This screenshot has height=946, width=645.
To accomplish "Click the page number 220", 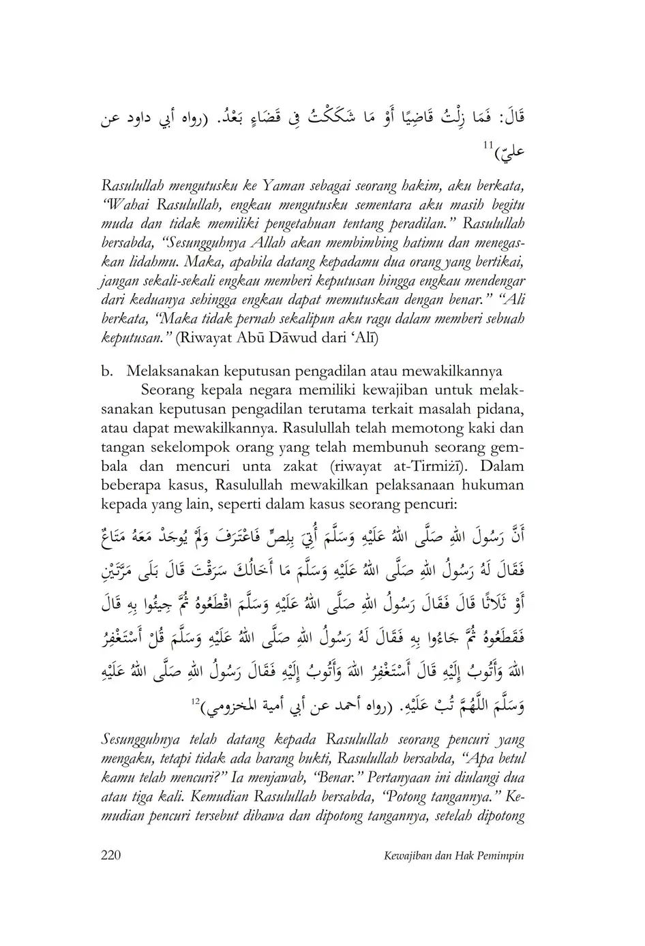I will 110,856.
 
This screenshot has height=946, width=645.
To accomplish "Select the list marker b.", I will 106,371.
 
